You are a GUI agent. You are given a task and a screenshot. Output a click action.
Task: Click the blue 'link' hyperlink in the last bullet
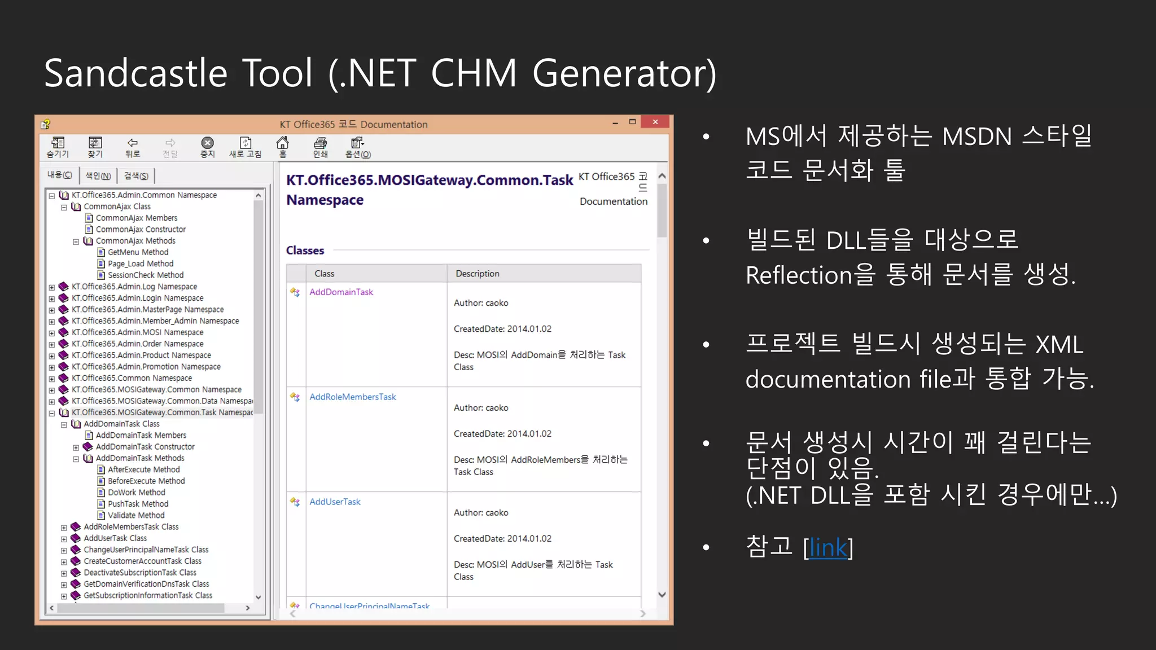point(828,547)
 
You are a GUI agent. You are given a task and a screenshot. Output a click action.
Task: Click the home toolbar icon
point(282,146)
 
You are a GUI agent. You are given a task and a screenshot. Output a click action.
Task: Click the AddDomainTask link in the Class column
point(341,292)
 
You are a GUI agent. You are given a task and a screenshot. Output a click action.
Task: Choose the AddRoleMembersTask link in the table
point(353,397)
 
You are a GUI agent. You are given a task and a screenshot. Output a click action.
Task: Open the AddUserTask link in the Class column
point(335,502)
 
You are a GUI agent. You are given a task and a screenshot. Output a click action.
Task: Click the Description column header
point(478,274)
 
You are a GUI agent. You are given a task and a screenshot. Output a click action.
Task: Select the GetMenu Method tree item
point(138,252)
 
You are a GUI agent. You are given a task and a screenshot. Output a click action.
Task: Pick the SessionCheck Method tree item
point(146,275)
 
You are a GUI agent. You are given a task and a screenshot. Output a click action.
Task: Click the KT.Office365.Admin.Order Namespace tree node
point(137,344)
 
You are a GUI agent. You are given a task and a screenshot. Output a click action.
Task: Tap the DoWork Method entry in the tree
point(136,493)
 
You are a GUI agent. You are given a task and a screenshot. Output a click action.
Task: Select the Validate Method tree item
point(136,515)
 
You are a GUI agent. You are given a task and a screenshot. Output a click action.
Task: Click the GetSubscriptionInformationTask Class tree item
point(148,595)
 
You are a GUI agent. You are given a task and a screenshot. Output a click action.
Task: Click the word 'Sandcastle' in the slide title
point(135,73)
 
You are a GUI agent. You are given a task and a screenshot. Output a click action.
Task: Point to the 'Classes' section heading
point(305,251)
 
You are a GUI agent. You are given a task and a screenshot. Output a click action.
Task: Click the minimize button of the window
point(615,122)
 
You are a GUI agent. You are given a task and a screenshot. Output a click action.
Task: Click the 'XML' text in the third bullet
point(1059,344)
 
